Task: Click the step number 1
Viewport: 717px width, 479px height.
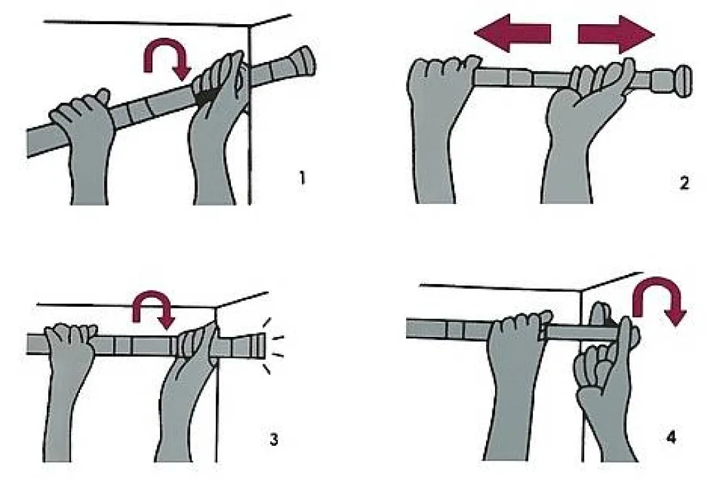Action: pyautogui.click(x=302, y=177)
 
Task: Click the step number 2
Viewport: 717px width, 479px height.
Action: pyautogui.click(x=684, y=183)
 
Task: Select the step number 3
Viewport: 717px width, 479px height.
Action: pyautogui.click(x=274, y=440)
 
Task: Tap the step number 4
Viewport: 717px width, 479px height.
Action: pyautogui.click(x=671, y=438)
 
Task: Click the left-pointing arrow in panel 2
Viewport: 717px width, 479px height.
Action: pyautogui.click(x=512, y=33)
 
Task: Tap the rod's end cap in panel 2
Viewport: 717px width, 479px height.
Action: pyautogui.click(x=683, y=81)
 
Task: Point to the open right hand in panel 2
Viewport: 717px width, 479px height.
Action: pyautogui.click(x=580, y=123)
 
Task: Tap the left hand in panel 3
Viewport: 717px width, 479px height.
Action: pyautogui.click(x=68, y=384)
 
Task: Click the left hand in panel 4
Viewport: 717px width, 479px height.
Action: pyautogui.click(x=514, y=379)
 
